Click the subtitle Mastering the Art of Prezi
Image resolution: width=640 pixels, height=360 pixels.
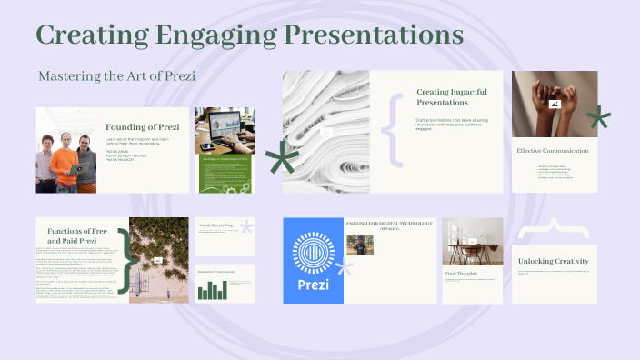tap(117, 75)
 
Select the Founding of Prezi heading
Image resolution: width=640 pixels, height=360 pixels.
tap(142, 126)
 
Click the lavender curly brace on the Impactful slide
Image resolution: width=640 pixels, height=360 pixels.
tap(395, 128)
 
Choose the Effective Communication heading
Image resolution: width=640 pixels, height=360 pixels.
tap(552, 150)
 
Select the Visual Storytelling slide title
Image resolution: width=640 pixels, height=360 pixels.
tap(215, 225)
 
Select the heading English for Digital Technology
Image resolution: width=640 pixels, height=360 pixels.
tap(390, 223)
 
